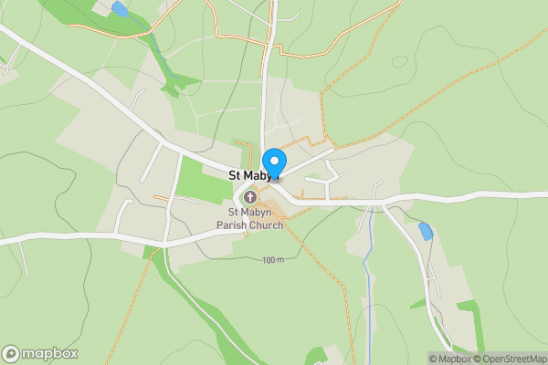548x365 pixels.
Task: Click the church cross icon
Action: (249, 197)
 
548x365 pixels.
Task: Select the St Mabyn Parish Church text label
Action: (249, 219)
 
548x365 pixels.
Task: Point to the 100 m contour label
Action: (273, 261)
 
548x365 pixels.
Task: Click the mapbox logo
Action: (40, 353)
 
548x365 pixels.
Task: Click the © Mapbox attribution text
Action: (450, 359)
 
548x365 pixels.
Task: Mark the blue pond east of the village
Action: (425, 232)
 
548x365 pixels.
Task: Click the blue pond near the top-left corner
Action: (120, 10)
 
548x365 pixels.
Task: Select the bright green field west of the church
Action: (203, 181)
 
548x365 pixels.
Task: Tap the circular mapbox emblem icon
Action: (12, 354)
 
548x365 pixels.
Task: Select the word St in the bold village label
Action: (235, 175)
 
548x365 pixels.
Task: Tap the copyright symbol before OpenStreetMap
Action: (479, 359)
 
